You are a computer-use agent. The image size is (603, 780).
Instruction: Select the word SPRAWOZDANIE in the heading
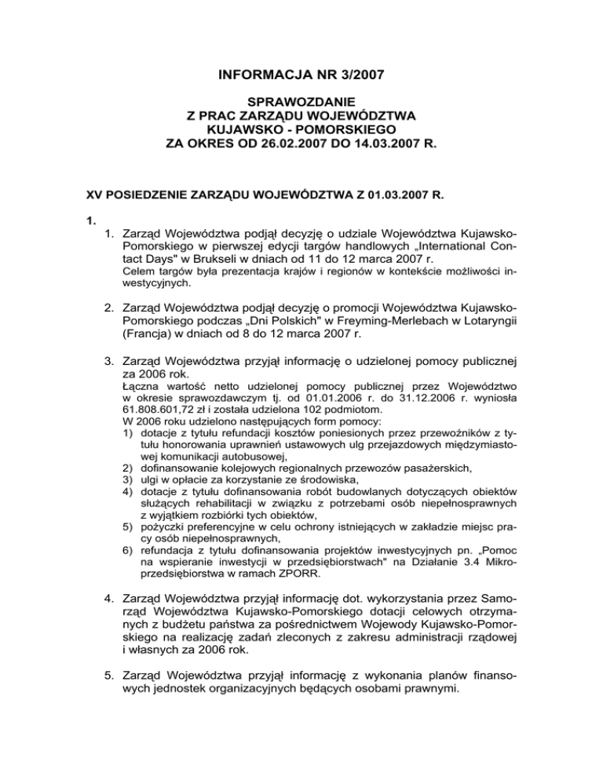coord(301,101)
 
